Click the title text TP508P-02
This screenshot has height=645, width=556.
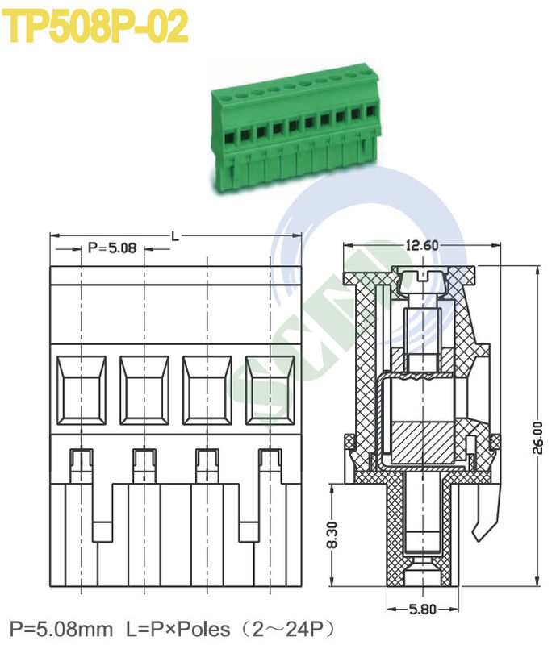point(97,27)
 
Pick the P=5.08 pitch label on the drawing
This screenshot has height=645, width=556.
point(113,248)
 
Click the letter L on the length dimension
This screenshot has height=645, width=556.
point(175,235)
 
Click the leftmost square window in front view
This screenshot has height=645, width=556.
point(82,389)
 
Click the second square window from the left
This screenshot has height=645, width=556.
point(144,389)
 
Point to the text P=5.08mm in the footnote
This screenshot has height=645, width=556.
point(61,628)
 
